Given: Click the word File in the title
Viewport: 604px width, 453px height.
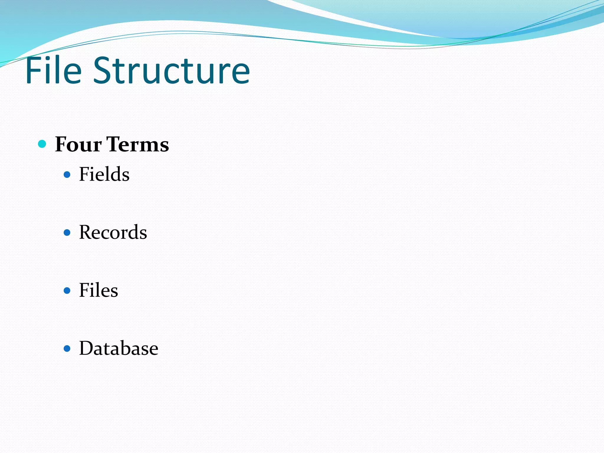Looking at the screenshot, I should pos(53,71).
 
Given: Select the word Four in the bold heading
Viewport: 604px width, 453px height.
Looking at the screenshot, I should pos(78,145).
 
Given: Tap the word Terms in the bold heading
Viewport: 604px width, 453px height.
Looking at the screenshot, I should pos(137,145).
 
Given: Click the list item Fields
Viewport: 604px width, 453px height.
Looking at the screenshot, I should pos(104,174).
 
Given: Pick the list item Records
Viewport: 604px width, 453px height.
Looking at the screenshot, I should pos(113,232).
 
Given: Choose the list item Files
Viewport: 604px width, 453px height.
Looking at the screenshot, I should pos(99,290).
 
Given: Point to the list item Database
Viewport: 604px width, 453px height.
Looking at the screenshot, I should pos(119,348).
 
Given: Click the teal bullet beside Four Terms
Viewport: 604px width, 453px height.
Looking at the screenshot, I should pos(42,144).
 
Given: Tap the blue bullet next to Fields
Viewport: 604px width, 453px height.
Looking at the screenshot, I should pos(67,175).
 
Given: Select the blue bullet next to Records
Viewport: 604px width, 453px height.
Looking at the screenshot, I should pos(67,233).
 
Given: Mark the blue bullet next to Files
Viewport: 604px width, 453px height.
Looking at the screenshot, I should pos(67,291).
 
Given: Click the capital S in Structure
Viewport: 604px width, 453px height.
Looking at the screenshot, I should pos(103,71).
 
